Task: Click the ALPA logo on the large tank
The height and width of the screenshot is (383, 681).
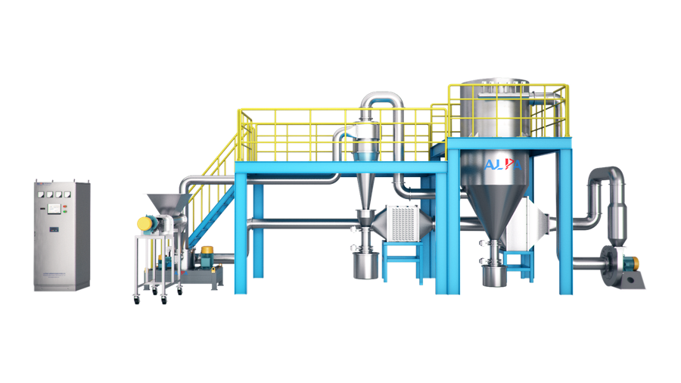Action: (x=502, y=164)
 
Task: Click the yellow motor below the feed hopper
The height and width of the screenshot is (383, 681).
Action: (x=145, y=223)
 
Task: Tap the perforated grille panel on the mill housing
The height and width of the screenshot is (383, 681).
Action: (x=403, y=223)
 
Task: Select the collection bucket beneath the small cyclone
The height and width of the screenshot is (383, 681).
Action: (x=365, y=265)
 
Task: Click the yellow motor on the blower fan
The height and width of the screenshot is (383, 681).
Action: (x=636, y=263)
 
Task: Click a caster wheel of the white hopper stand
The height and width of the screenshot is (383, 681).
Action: (x=138, y=300)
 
